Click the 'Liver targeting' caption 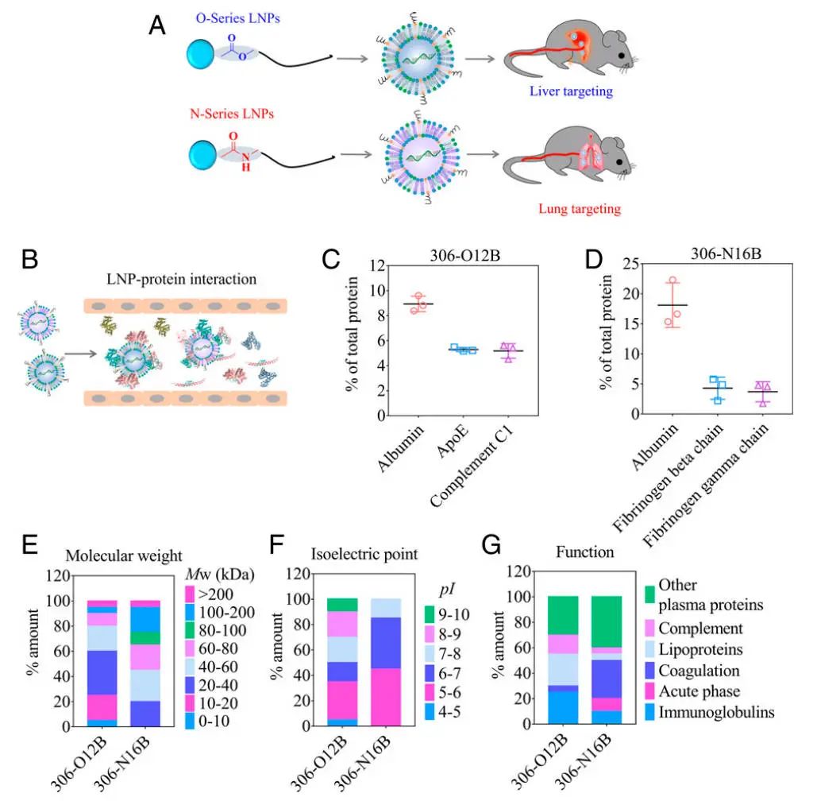click(571, 91)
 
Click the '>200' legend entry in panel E click(214, 593)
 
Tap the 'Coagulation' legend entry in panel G click(700, 671)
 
